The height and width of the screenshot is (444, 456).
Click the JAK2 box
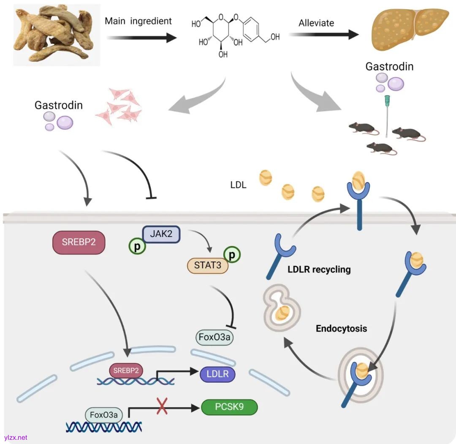click(161, 234)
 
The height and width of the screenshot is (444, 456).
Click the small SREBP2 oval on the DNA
click(126, 370)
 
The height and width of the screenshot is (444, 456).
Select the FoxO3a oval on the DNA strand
click(104, 414)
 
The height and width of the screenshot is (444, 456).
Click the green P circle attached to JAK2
click(137, 247)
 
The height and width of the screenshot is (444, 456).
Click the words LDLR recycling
click(319, 269)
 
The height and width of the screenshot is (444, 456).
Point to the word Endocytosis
click(341, 328)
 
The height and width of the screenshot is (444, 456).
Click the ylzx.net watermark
click(15, 437)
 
